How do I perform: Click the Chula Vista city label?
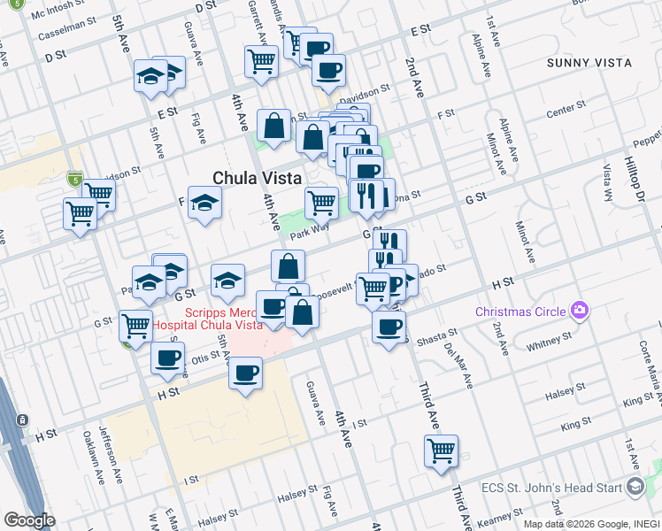tap(259, 176)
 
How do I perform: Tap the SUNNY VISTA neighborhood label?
tap(589, 63)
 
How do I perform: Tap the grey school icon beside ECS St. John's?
tap(635, 486)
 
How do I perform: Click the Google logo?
tap(29, 520)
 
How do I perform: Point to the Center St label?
tap(566, 111)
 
